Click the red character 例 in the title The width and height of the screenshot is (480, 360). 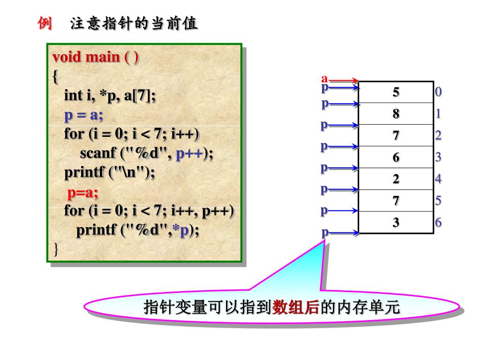click(x=45, y=23)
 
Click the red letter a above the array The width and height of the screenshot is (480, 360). click(x=324, y=78)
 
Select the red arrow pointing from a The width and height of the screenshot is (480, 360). click(x=345, y=81)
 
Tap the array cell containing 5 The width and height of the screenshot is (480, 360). click(x=396, y=92)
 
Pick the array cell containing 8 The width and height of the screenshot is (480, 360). click(x=396, y=114)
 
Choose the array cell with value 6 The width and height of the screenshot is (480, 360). click(x=396, y=157)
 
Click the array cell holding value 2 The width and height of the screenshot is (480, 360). click(x=396, y=179)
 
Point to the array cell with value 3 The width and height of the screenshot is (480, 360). click(x=396, y=222)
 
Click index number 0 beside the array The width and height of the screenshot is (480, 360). click(x=438, y=92)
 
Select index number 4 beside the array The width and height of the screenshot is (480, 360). click(x=438, y=179)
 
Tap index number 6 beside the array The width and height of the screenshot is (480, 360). click(x=438, y=222)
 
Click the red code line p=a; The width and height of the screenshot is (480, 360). click(x=82, y=193)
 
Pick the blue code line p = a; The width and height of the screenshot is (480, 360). click(x=83, y=115)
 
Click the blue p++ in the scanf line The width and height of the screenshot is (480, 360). click(x=189, y=154)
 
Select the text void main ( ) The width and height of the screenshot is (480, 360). click(x=96, y=57)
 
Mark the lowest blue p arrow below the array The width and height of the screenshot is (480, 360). click(x=340, y=232)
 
